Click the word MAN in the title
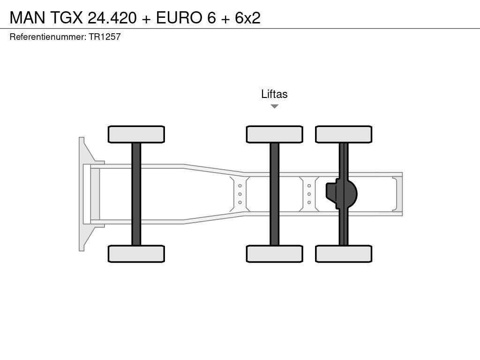point(27,17)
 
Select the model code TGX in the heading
point(66,17)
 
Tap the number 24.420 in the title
point(112,17)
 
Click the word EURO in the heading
point(179,17)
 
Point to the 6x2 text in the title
point(247,17)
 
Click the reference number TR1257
point(105,37)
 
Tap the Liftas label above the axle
point(274,94)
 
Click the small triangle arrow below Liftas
point(275,106)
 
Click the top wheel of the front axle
point(136,134)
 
